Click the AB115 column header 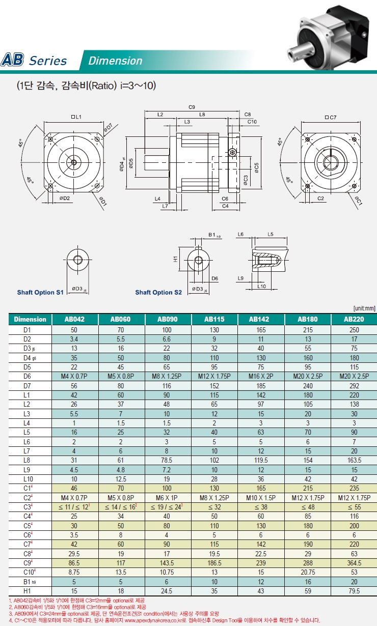(x=214, y=319)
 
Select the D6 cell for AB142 (x=261, y=377)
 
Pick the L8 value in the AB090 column (x=167, y=460)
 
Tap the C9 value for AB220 (x=354, y=563)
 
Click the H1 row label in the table (x=27, y=591)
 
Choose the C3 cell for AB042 (x=74, y=507)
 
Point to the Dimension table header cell (x=30, y=319)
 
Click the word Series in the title (x=48, y=61)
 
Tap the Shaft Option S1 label (x=40, y=292)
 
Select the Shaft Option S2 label (x=158, y=292)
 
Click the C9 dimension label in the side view (x=192, y=107)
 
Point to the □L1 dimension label (x=76, y=117)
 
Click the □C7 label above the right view (x=331, y=118)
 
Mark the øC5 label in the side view (x=256, y=167)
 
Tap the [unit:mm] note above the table (x=364, y=308)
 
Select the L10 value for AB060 (x=121, y=479)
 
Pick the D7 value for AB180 (x=308, y=386)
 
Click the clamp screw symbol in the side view (x=232, y=152)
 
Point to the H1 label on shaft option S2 (x=175, y=259)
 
